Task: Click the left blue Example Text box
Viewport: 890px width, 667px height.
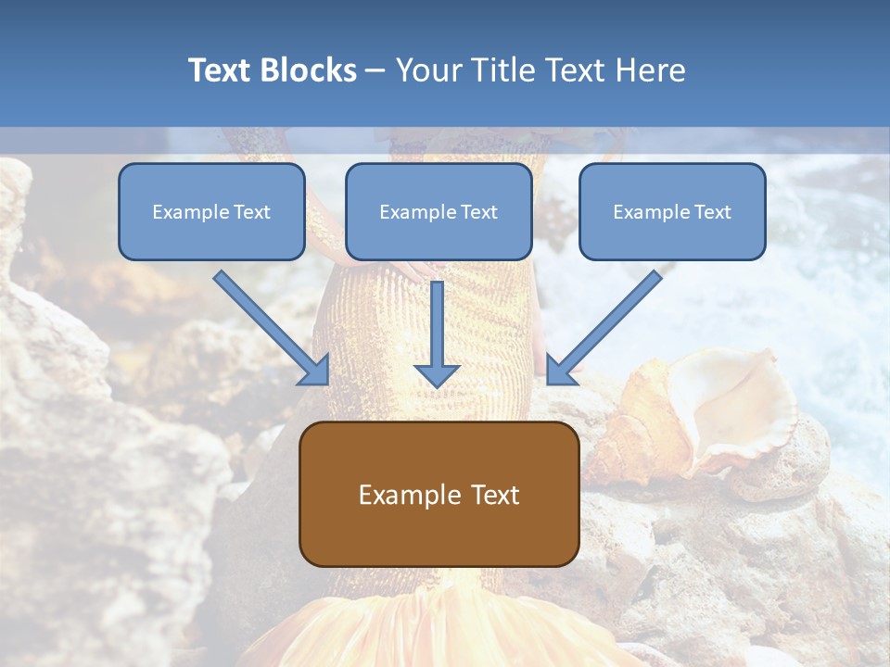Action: click(x=211, y=211)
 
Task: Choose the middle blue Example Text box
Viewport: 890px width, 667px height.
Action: click(x=439, y=211)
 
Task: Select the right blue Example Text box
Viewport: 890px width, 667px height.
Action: click(x=672, y=211)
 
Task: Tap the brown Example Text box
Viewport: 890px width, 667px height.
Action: click(x=439, y=494)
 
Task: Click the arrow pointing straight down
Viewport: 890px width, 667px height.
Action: click(x=437, y=333)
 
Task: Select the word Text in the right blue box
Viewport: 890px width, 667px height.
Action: click(x=712, y=212)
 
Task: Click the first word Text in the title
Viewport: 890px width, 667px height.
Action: click(x=221, y=70)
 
